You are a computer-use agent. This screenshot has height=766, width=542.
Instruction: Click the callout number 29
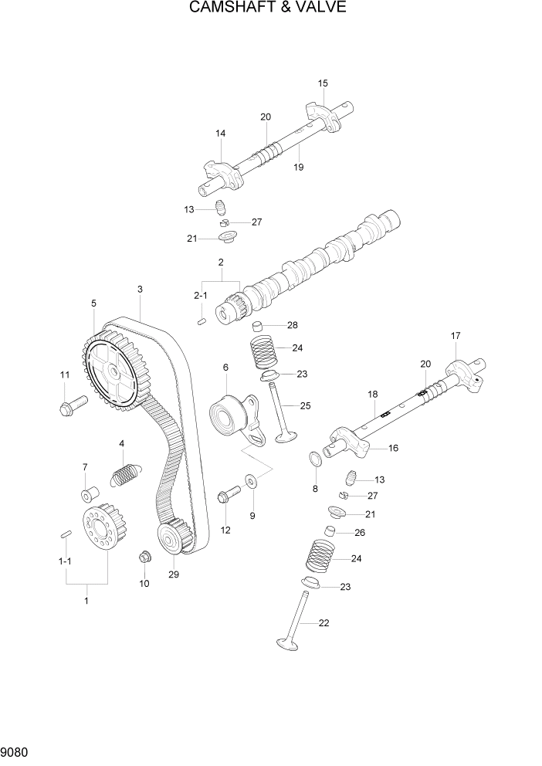tap(173, 574)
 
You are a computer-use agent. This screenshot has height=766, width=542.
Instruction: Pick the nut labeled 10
tap(144, 557)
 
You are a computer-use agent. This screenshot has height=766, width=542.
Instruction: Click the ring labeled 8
tap(315, 461)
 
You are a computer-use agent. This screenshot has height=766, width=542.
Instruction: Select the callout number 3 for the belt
tap(140, 290)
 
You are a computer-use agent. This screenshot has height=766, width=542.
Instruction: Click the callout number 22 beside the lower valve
tap(324, 623)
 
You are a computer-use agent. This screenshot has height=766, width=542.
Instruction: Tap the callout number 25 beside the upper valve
tap(305, 405)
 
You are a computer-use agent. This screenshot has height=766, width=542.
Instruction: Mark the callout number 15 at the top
tap(323, 83)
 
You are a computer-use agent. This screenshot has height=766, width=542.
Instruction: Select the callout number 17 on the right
tap(456, 336)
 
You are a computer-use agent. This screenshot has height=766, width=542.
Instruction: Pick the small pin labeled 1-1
tap(66, 533)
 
